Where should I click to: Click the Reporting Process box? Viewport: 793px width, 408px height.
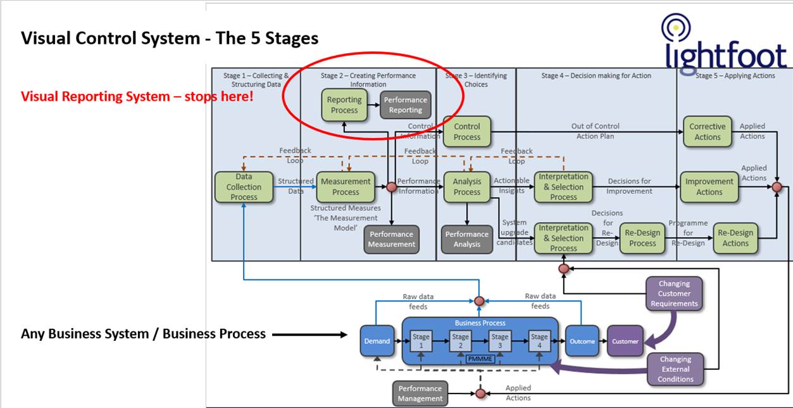[344, 105]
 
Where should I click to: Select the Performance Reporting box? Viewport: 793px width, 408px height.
[406, 105]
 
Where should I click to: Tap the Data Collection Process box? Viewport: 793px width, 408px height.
[244, 188]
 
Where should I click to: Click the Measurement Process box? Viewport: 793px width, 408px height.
[346, 187]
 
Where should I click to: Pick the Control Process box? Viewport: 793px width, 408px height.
[467, 132]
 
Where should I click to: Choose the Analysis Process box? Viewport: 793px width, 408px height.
[467, 187]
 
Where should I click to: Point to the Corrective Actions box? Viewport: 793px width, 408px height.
[708, 132]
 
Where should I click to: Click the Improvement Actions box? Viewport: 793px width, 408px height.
[709, 187]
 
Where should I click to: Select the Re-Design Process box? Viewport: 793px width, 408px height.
[642, 238]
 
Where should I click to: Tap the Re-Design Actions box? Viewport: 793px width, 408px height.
[735, 238]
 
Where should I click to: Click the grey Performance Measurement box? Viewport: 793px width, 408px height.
[392, 239]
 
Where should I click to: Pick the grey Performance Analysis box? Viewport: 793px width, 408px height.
[467, 239]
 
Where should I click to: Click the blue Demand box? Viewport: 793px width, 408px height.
[377, 341]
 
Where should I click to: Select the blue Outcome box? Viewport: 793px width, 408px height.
[582, 341]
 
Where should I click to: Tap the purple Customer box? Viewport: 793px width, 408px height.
[625, 341]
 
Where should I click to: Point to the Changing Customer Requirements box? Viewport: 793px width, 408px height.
[674, 294]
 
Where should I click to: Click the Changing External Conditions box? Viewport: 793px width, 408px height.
[677, 369]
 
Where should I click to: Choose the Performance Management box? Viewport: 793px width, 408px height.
[420, 393]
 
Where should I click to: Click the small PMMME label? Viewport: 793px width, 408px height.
[479, 359]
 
